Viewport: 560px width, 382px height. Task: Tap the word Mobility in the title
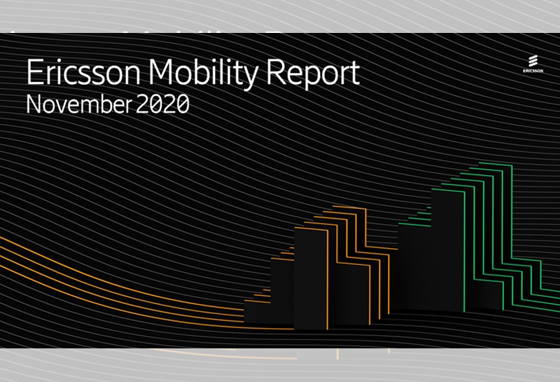point(203,74)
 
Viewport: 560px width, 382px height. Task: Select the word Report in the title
point(313,74)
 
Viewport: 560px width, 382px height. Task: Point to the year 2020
point(162,104)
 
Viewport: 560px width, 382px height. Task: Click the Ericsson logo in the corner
point(533,64)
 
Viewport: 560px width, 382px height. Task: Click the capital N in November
point(34,104)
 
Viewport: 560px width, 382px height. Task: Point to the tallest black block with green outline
point(448,250)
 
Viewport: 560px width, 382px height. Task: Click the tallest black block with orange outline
point(311,278)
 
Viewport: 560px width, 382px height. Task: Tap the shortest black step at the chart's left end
point(257,312)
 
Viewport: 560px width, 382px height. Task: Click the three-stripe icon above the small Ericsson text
point(533,61)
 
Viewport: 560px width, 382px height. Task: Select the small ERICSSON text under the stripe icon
point(533,71)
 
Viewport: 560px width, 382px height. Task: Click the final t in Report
point(354,74)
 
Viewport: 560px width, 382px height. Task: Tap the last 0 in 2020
point(183,104)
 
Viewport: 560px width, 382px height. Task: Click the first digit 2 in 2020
point(142,104)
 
